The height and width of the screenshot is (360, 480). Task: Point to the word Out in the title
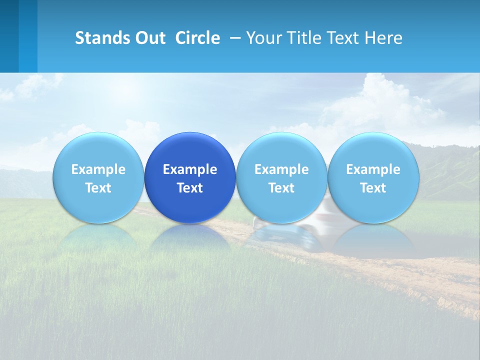[x=149, y=38]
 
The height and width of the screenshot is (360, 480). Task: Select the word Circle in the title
[x=197, y=38]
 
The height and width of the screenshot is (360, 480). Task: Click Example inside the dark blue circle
[x=190, y=169]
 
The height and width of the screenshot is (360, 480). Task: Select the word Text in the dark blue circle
[x=190, y=188]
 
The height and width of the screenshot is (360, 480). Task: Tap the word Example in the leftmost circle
[x=98, y=169]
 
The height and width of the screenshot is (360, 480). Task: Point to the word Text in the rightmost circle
[x=373, y=188]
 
